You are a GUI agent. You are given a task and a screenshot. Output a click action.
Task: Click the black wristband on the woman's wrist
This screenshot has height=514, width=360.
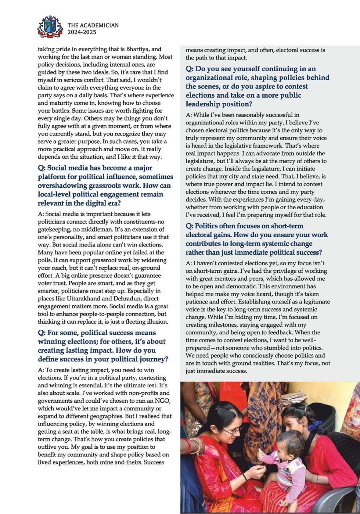pyautogui.click(x=245, y=476)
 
